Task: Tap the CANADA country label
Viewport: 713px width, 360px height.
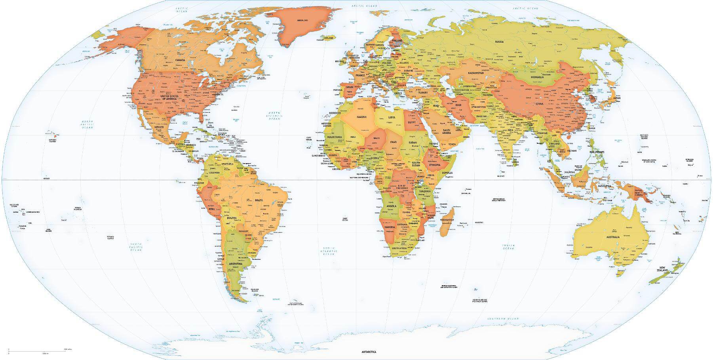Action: click(181, 60)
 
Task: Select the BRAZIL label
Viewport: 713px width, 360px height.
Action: click(259, 200)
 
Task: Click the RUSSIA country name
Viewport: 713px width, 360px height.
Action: click(499, 42)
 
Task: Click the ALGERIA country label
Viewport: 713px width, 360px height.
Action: click(361, 117)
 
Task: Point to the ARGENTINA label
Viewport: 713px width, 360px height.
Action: click(236, 264)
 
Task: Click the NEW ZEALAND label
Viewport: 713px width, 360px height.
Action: click(663, 270)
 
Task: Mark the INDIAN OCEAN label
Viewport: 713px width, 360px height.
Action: click(508, 247)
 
